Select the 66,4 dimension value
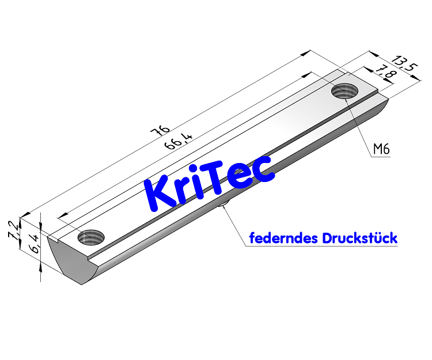(178, 141)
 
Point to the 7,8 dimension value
(384, 74)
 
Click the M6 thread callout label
(381, 150)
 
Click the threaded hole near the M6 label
(344, 91)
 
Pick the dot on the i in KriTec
(200, 175)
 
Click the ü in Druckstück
(377, 238)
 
